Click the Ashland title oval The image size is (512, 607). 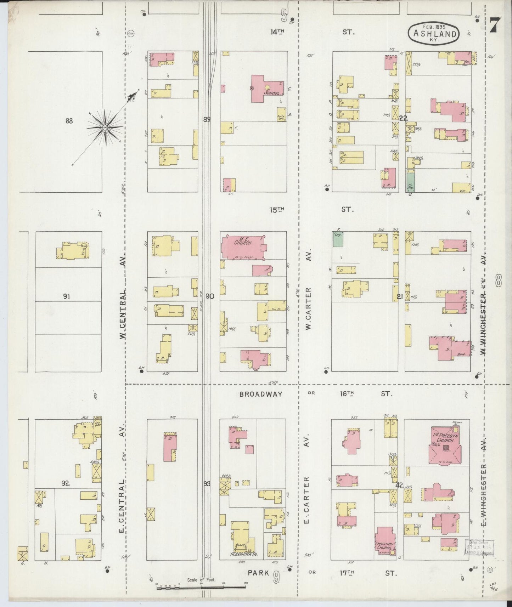tap(433, 33)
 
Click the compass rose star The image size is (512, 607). tap(105, 127)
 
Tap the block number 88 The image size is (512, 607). tap(69, 121)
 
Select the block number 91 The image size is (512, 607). tap(66, 296)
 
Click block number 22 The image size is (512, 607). tap(403, 118)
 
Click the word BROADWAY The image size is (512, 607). tap(261, 394)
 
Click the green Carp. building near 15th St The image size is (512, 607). tap(338, 239)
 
